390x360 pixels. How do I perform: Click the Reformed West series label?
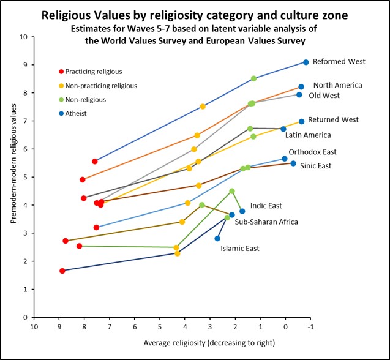(339, 62)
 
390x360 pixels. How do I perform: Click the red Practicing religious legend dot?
(61, 72)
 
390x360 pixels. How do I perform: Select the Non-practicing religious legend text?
(100, 86)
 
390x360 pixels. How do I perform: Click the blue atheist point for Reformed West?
(306, 62)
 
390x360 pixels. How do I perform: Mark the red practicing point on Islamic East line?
(62, 271)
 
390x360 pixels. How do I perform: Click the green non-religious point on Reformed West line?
(254, 78)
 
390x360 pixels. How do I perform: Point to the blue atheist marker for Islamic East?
(217, 239)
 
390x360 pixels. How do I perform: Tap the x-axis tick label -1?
(310, 326)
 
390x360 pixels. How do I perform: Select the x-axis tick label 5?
(160, 326)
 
